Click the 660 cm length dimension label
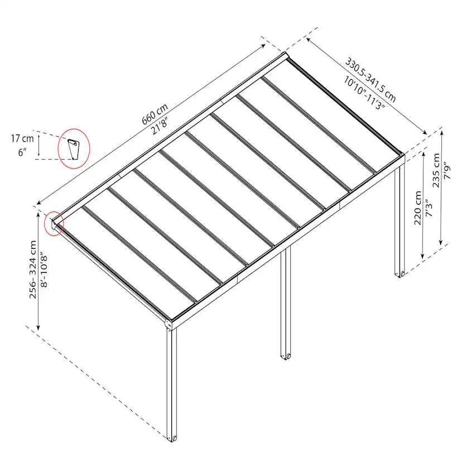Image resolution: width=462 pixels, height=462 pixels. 155,114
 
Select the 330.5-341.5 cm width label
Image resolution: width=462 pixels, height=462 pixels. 370,80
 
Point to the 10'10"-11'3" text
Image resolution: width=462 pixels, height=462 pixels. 364,93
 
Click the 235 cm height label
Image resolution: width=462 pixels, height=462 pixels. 436,170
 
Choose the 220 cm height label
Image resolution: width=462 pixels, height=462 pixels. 418,208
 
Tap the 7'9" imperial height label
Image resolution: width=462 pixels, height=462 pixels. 447,170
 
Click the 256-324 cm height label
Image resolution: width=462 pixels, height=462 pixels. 33,269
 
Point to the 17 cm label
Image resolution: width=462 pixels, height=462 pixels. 22,138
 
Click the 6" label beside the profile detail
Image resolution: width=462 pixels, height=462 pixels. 22,152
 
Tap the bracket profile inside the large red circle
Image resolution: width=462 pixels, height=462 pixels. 73,150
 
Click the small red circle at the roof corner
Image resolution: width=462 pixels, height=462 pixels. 54,224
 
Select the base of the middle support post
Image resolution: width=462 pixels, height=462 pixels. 286,356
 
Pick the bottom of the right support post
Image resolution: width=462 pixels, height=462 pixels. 400,275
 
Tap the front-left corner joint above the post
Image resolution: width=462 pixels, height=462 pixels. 169,324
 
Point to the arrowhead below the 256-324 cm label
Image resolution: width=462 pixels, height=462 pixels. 38,327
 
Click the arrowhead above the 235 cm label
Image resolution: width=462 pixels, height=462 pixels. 441,133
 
